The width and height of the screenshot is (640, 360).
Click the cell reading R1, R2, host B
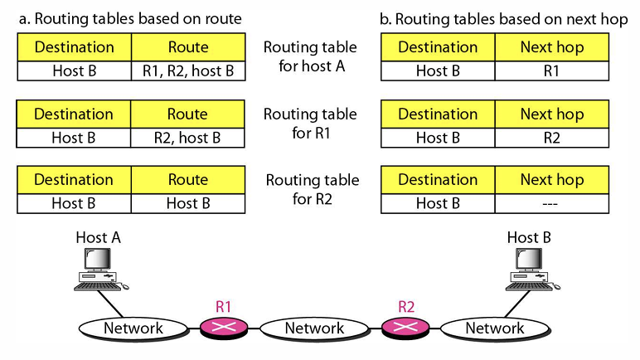[x=188, y=71]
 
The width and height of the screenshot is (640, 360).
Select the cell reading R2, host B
[x=188, y=138]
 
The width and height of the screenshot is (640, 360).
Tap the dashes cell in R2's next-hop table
[x=552, y=203]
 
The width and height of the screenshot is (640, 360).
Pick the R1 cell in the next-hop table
[x=552, y=71]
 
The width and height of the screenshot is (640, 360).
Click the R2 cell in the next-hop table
[x=552, y=138]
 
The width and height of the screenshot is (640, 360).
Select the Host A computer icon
[x=98, y=270]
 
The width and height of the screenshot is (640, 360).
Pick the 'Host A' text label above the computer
[x=98, y=238]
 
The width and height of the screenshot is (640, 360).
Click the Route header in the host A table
[x=188, y=47]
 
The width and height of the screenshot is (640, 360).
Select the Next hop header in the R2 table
[x=552, y=180]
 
